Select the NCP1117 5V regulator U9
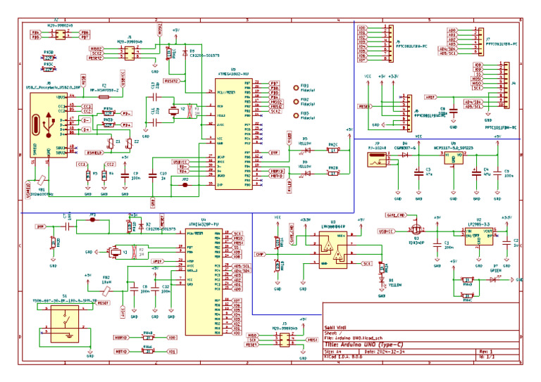tap(453, 158)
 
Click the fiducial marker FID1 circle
tap(296, 89)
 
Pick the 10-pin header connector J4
tap(503, 84)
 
